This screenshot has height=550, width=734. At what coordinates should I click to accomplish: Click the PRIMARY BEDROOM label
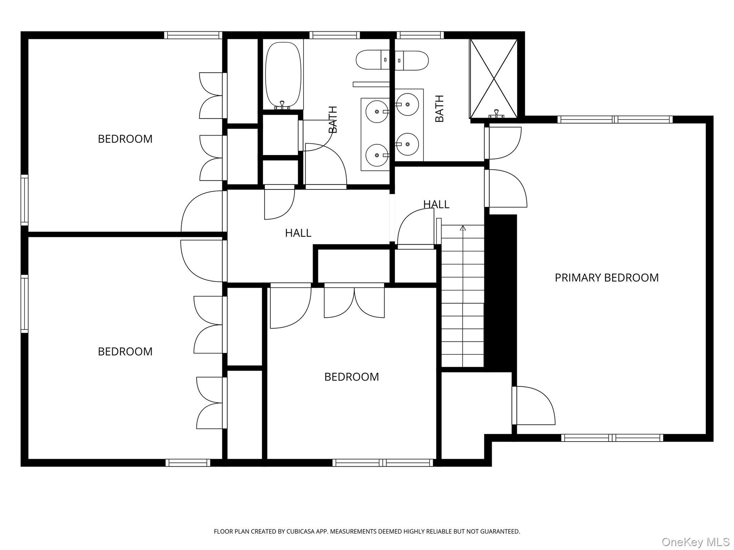[x=607, y=278]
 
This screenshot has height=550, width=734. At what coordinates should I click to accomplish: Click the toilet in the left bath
[x=373, y=60]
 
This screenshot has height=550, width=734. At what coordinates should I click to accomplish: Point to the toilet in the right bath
[x=411, y=60]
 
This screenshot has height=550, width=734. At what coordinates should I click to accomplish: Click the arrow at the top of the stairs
[x=463, y=228]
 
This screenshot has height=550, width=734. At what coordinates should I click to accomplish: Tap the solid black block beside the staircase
[x=501, y=293]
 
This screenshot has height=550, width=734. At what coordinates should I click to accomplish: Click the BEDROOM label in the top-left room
[x=125, y=139]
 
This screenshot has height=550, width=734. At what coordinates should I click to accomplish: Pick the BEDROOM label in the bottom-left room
[x=125, y=351]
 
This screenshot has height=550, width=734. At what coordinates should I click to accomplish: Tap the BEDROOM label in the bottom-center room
[x=351, y=377]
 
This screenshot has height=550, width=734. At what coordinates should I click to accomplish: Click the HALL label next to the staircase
[x=436, y=204]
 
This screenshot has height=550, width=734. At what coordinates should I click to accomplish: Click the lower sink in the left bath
[x=377, y=155]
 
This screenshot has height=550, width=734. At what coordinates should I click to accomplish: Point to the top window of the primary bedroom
[x=615, y=119]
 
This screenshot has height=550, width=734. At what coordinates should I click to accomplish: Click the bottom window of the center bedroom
[x=383, y=463]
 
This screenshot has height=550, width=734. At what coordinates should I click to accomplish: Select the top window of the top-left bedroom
[x=193, y=35]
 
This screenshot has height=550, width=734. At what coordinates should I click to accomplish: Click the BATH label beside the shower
[x=440, y=109]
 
